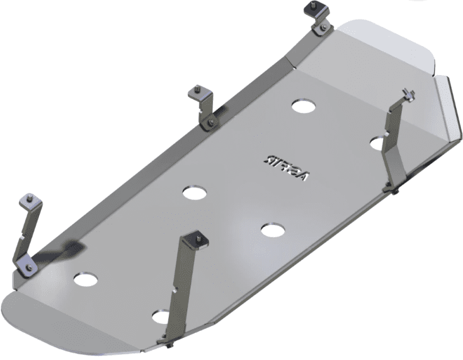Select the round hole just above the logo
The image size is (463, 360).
pos(304,105)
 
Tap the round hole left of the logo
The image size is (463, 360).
pos(195,192)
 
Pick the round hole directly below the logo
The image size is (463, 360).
pos(272,229)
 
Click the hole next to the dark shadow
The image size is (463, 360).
pos(86,278)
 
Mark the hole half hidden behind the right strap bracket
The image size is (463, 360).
pos(378,143)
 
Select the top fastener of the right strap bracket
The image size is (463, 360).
pos(409,95)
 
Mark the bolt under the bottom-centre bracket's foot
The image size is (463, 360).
pos(172,345)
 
